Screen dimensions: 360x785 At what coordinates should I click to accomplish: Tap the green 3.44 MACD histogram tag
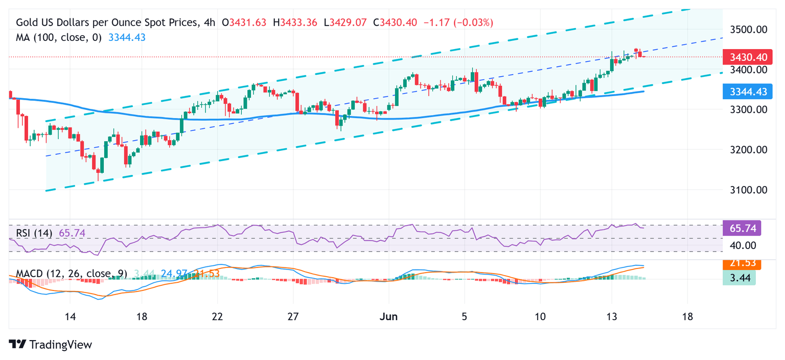coord(739,278)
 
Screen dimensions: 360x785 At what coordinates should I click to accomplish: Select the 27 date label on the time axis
coord(293,317)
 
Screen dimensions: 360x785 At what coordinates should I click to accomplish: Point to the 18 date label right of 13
coord(687,317)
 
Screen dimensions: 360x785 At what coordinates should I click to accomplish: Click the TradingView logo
coord(51,345)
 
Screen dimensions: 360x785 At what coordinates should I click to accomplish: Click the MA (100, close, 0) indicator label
coord(59,37)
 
